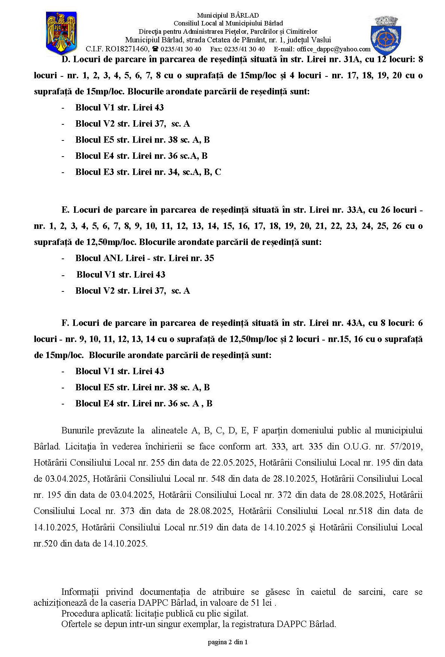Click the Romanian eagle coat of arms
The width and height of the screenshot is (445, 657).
pyautogui.click(x=61, y=33)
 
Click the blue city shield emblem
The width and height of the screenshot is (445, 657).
pyautogui.click(x=385, y=36)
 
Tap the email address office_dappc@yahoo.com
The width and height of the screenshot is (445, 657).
pyautogui.click(x=333, y=49)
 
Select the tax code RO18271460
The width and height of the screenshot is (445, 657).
pyautogui.click(x=127, y=49)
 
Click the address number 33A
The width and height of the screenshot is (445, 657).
pyautogui.click(x=355, y=210)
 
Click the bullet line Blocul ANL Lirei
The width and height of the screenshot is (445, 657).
pyautogui.click(x=144, y=258)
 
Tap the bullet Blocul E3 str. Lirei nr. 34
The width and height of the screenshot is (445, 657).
pyautogui.click(x=148, y=172)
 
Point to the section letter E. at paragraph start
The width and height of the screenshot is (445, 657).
pyautogui.click(x=65, y=210)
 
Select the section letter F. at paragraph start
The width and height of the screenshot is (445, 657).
pyautogui.click(x=65, y=323)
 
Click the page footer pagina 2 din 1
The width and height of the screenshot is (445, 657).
pyautogui.click(x=228, y=642)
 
